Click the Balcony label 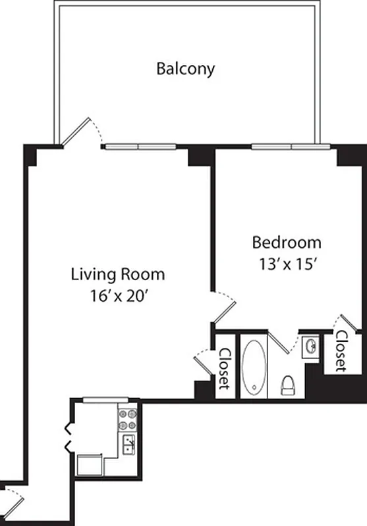[x=185, y=68]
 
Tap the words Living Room [x=118, y=274]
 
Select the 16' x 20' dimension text [x=118, y=296]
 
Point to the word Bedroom [x=287, y=243]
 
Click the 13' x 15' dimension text [x=287, y=264]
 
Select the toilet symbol [x=288, y=385]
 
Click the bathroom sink [x=310, y=347]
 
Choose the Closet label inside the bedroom [x=341, y=350]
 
